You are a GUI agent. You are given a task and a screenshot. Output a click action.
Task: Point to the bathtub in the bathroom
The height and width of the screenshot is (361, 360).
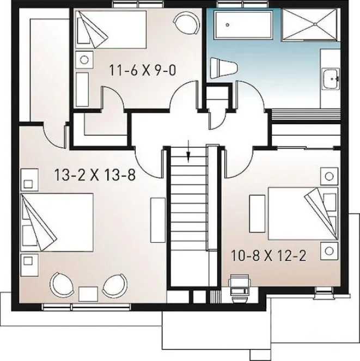pyautogui.click(x=237, y=25)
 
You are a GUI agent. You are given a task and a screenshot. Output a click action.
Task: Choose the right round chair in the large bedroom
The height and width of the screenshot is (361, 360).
pyautogui.click(x=114, y=285)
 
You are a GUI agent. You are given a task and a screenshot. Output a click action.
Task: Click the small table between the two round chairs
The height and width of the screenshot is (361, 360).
pyautogui.click(x=88, y=293)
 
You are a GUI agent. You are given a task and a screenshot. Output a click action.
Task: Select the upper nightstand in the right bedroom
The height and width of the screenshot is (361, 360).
pyautogui.click(x=328, y=176)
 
